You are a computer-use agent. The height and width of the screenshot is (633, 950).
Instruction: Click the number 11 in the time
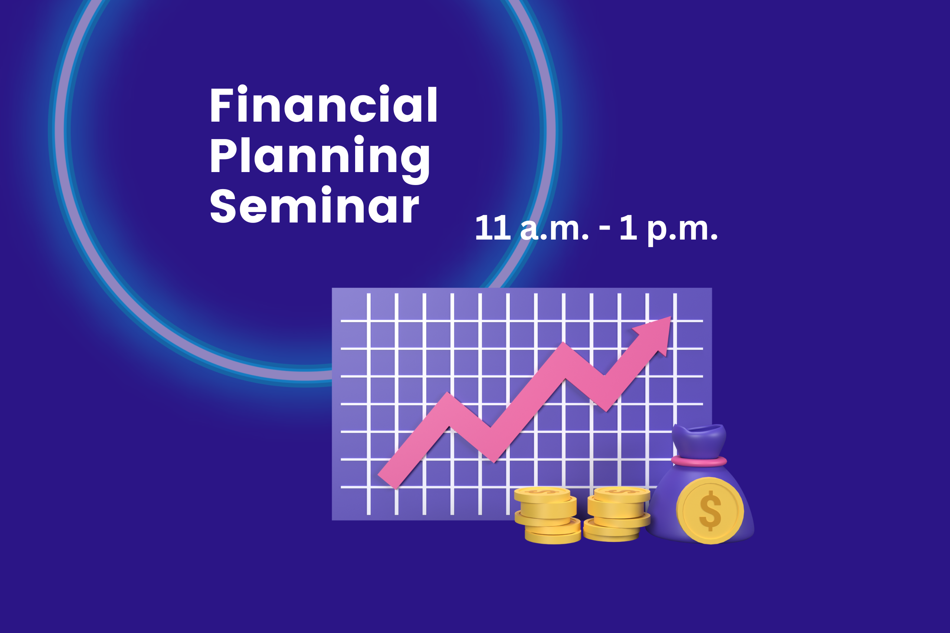pos(493,228)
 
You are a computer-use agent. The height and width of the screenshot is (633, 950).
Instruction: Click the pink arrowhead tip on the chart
pos(671,317)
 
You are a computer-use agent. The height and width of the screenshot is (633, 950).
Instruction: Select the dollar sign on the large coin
pos(710,511)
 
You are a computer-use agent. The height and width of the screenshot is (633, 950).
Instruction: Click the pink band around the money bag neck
pos(699,461)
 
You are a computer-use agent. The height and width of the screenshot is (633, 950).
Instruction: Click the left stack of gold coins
pos(548,515)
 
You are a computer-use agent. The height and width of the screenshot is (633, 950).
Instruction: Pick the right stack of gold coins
pos(617,514)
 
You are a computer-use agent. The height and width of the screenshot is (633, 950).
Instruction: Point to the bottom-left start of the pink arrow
pos(387,482)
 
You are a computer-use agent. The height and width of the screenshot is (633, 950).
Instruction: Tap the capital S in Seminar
pos(223,205)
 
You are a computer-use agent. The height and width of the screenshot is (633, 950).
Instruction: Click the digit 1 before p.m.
pos(628,228)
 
